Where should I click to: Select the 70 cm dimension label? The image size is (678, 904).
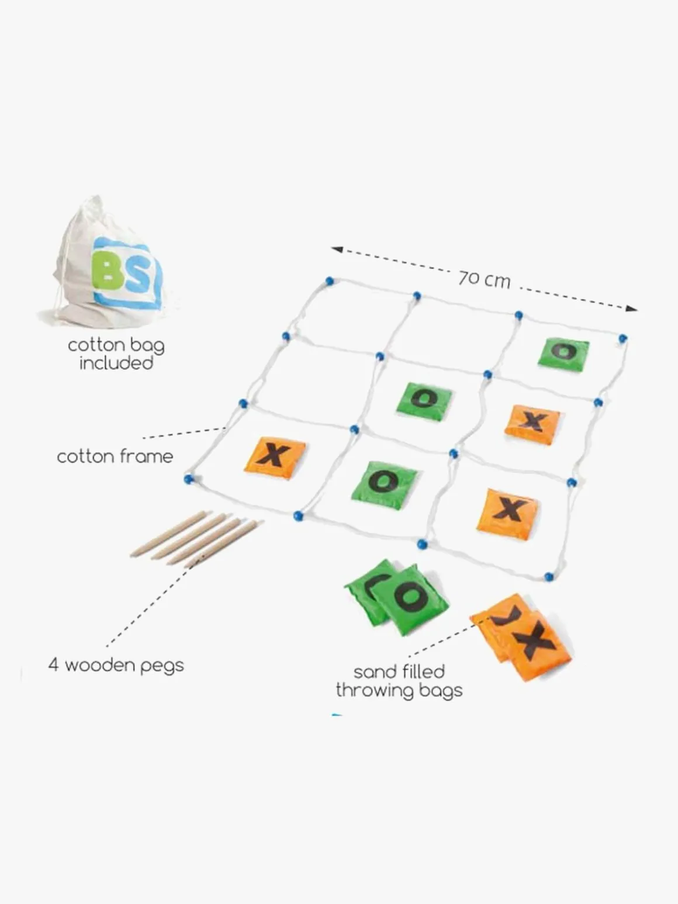click(x=484, y=279)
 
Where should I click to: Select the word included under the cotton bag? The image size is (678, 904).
click(x=116, y=363)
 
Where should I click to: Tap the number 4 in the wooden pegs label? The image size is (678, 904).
click(x=53, y=665)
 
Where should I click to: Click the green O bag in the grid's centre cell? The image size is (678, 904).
click(x=424, y=400)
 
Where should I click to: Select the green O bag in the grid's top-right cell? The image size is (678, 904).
click(x=563, y=353)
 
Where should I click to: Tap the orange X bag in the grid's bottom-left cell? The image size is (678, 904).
click(x=274, y=456)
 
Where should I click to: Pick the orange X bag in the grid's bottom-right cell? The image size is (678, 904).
click(x=507, y=512)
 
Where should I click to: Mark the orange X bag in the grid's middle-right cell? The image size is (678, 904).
click(x=532, y=423)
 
